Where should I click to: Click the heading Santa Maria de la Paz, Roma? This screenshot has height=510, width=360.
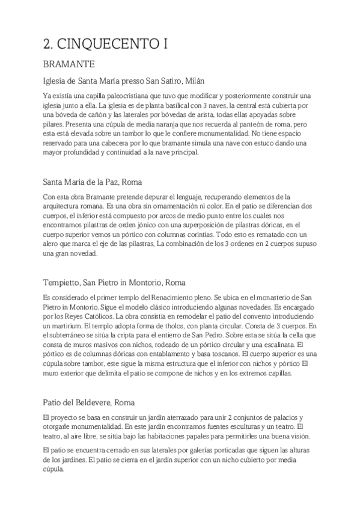[x=100, y=181]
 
